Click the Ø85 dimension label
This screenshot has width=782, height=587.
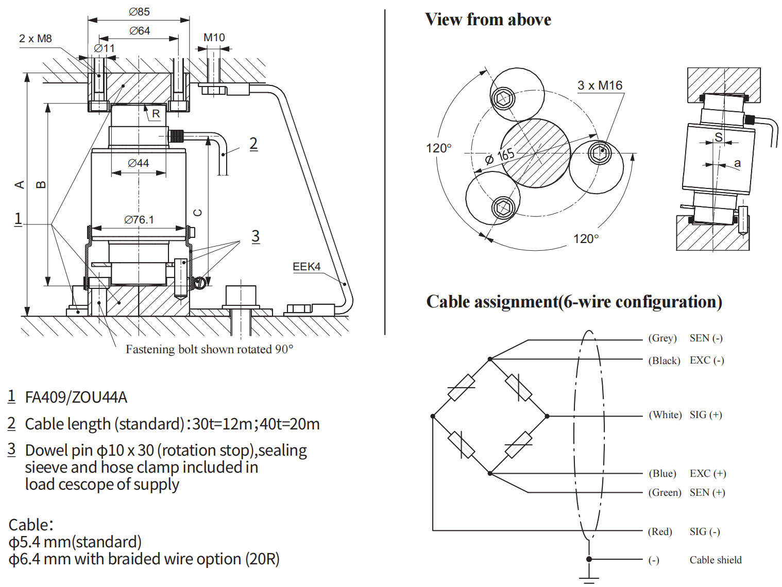[139, 11]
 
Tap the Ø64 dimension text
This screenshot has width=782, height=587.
[139, 31]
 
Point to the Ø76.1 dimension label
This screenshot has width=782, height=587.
[139, 220]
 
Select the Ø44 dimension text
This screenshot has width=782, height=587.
[139, 163]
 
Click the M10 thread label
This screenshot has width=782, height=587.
[214, 38]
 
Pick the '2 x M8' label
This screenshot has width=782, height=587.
[36, 39]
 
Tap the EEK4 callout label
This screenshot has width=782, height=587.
[307, 267]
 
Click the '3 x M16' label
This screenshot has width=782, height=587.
[600, 85]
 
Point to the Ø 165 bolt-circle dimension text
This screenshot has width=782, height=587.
[500, 156]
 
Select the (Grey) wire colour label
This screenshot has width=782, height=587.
[662, 338]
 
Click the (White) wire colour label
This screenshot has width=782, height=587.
[665, 415]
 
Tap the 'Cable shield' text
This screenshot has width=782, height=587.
[716, 560]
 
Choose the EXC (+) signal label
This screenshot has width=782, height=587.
[708, 474]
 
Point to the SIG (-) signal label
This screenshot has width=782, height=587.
[705, 532]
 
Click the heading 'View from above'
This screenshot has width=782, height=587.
[488, 20]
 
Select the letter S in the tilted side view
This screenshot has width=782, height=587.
[718, 137]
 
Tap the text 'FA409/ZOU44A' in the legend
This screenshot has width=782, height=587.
[76, 398]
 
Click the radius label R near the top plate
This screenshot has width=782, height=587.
[156, 114]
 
